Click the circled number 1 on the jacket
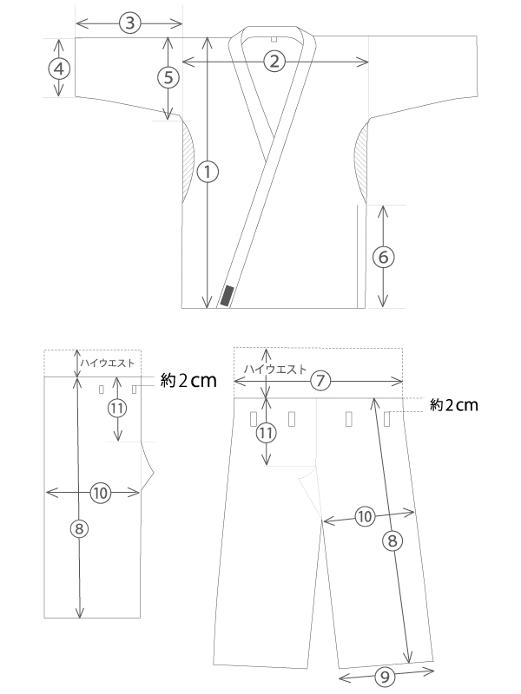click(x=208, y=172)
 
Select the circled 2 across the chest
click(x=274, y=61)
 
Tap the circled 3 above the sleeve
click(x=129, y=23)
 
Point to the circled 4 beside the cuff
click(x=59, y=69)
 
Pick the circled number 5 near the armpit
click(x=168, y=77)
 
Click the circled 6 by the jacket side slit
click(x=384, y=257)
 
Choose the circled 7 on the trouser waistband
click(x=320, y=381)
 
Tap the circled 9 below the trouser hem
click(x=385, y=677)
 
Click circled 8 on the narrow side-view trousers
click(x=79, y=528)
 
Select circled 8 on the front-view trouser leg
click(x=392, y=540)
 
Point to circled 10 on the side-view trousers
click(x=101, y=493)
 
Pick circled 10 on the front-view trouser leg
click(x=365, y=516)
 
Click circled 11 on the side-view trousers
click(x=117, y=408)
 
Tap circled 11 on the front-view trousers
click(x=266, y=433)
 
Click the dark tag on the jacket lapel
click(x=227, y=296)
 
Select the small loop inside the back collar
click(x=274, y=39)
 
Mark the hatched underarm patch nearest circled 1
click(x=188, y=162)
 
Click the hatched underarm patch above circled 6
click(x=360, y=161)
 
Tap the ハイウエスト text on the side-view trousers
click(x=107, y=363)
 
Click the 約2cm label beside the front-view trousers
click(x=454, y=405)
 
